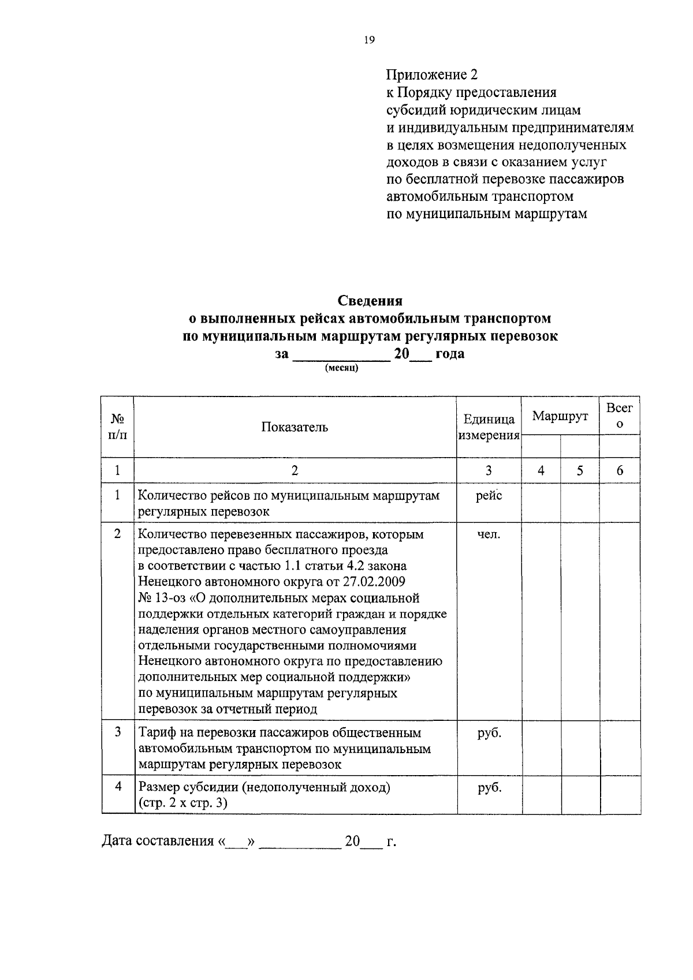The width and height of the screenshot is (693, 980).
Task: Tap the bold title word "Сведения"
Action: coord(370,301)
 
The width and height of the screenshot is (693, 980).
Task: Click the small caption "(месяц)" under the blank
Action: coord(342,368)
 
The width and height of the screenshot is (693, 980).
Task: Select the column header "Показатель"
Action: coord(295,427)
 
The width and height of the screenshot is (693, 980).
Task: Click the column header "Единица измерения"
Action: coord(489,428)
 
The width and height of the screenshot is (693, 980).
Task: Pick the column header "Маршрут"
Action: coord(560,416)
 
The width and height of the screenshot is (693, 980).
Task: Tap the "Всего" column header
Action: coord(620,416)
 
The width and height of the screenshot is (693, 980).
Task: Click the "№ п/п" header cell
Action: coord(117,427)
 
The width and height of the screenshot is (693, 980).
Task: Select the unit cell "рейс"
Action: coord(489,496)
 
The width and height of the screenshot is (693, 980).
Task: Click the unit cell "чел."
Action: coord(489,534)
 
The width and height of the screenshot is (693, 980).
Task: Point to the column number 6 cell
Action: coord(620,470)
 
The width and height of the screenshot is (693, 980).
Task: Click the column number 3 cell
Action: coord(489,470)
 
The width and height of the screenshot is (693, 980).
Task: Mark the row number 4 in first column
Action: coord(118,787)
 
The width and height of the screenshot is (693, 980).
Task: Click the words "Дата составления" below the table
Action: coord(158,841)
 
